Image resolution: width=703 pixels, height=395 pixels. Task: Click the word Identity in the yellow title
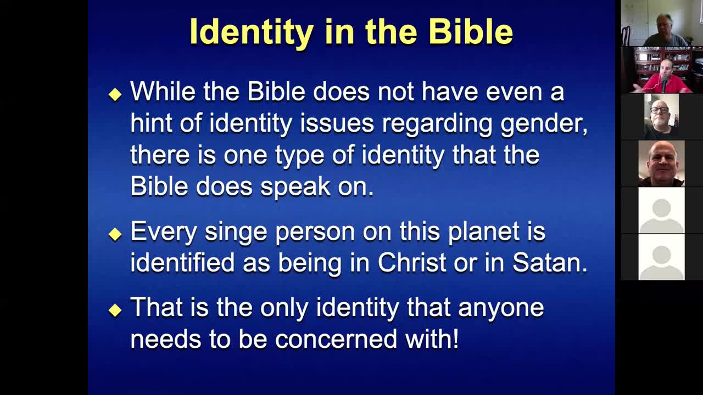point(252,32)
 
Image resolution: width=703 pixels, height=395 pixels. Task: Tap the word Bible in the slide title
point(471,31)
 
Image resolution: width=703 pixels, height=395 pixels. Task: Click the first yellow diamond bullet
point(115,94)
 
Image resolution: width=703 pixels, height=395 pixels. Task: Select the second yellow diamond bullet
point(115,234)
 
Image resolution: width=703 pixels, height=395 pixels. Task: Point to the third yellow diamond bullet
point(115,310)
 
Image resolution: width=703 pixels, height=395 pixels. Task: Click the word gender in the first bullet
point(544,125)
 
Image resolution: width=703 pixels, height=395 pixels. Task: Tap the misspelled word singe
point(236,233)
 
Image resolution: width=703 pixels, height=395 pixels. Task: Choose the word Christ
point(412,262)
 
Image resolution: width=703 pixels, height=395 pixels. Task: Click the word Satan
point(550,262)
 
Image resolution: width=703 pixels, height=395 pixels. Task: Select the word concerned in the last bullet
point(336,339)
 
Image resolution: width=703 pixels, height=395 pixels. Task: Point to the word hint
point(151,122)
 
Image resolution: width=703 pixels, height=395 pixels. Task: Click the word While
point(163,91)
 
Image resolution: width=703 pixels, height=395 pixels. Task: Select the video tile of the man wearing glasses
point(662,117)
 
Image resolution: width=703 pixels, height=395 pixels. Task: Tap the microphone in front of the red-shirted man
point(664,83)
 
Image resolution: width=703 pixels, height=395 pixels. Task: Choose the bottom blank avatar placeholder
point(662,257)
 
